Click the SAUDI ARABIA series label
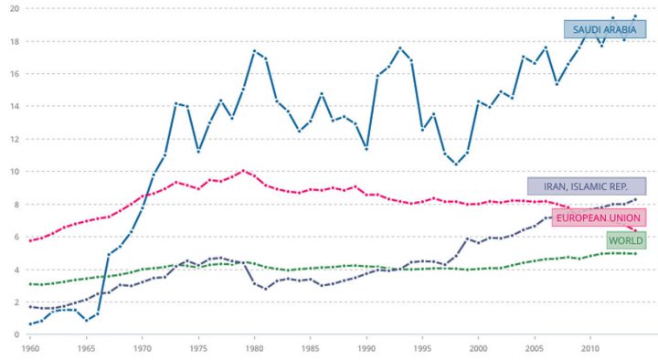tap(604, 29)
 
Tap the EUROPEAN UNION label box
tap(599, 217)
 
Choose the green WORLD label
tap(624, 239)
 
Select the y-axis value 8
tap(11, 204)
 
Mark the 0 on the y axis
tap(11, 334)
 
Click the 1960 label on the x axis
tap(31, 349)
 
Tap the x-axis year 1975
tap(198, 349)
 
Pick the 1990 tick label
tap(366, 349)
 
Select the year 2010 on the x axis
tap(590, 349)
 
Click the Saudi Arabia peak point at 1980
tap(254, 51)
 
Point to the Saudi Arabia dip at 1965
tap(87, 321)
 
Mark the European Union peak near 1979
tap(243, 170)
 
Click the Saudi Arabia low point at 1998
tap(456, 164)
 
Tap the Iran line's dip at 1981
tap(265, 289)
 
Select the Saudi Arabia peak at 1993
tap(400, 48)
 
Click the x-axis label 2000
tap(478, 349)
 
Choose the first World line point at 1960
tap(31, 284)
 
